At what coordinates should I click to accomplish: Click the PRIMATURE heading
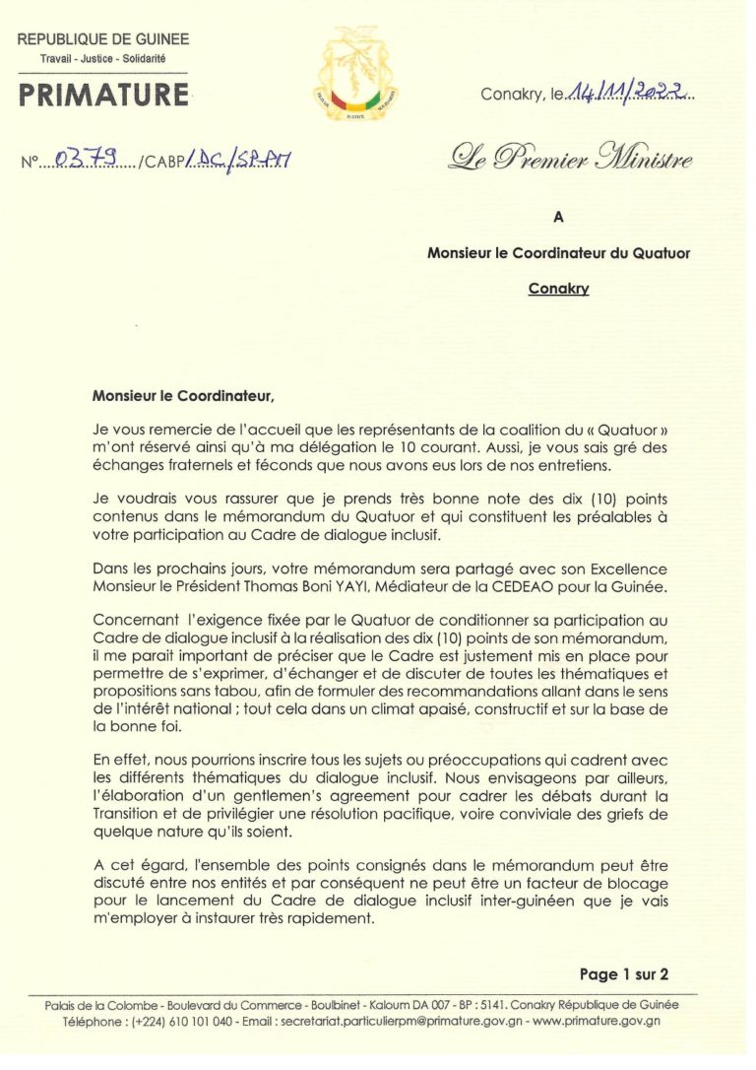click(x=103, y=95)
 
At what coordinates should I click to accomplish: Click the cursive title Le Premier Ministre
click(x=570, y=158)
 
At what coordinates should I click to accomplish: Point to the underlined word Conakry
click(x=558, y=289)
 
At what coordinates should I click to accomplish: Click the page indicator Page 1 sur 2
click(x=624, y=974)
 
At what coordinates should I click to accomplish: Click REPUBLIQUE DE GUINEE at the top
click(x=103, y=40)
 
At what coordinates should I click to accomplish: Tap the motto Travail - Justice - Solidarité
click(x=103, y=60)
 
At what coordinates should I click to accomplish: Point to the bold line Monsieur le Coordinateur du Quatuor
click(x=558, y=253)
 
